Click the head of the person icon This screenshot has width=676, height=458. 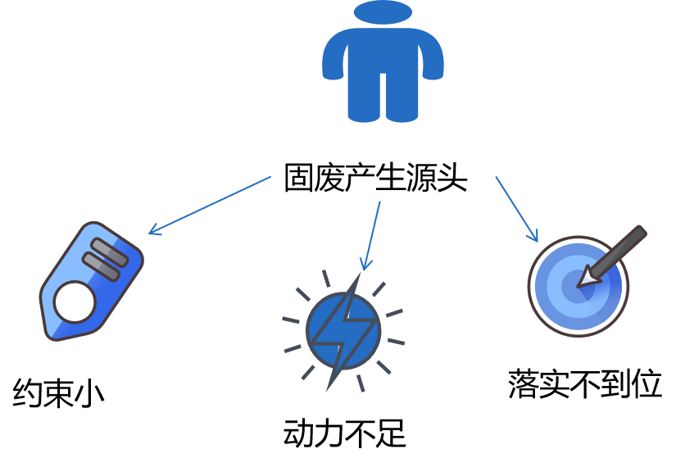(x=383, y=12)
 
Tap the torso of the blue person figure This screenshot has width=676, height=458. (x=383, y=57)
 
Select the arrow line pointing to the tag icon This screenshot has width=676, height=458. (x=213, y=203)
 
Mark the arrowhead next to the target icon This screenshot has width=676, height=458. (x=535, y=238)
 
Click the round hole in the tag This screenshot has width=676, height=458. (x=75, y=302)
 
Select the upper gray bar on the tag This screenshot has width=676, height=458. (x=110, y=252)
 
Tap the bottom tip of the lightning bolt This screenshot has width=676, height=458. (x=329, y=389)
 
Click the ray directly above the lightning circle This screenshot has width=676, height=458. (x=326, y=279)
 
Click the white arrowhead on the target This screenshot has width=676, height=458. (x=586, y=279)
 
